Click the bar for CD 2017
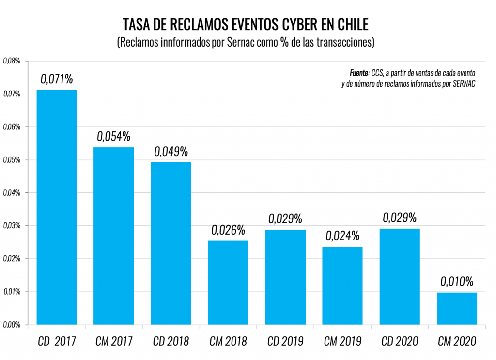[x=57, y=207]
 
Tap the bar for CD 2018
[x=171, y=243]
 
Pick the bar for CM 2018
[x=228, y=282]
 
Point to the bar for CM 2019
[x=342, y=285]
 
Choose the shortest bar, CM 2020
[x=457, y=308]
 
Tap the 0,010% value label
[x=457, y=282]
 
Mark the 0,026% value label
[x=228, y=230]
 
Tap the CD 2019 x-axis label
[x=285, y=342]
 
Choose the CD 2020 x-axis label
[x=400, y=342]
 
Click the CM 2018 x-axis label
[x=228, y=342]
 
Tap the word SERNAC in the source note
[x=463, y=84]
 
